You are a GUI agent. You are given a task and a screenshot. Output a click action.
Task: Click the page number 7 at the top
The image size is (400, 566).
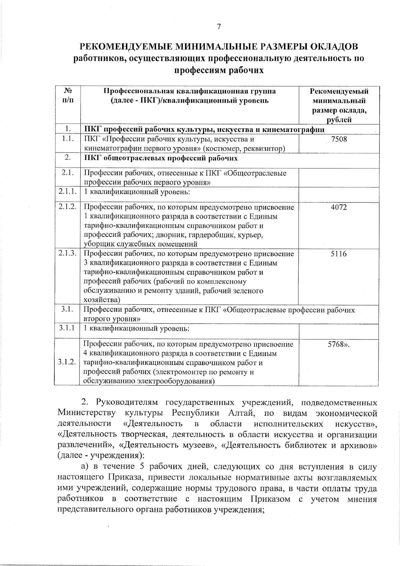pos(219,27)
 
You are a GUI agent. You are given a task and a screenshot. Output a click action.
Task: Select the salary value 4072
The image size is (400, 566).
pos(339,207)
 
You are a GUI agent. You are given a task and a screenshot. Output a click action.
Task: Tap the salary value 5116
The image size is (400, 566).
pos(339,254)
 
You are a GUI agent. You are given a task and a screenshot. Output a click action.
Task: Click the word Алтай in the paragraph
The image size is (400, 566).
pos(242,413)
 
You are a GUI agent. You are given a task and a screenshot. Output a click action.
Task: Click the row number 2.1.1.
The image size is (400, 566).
pos(68,192)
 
